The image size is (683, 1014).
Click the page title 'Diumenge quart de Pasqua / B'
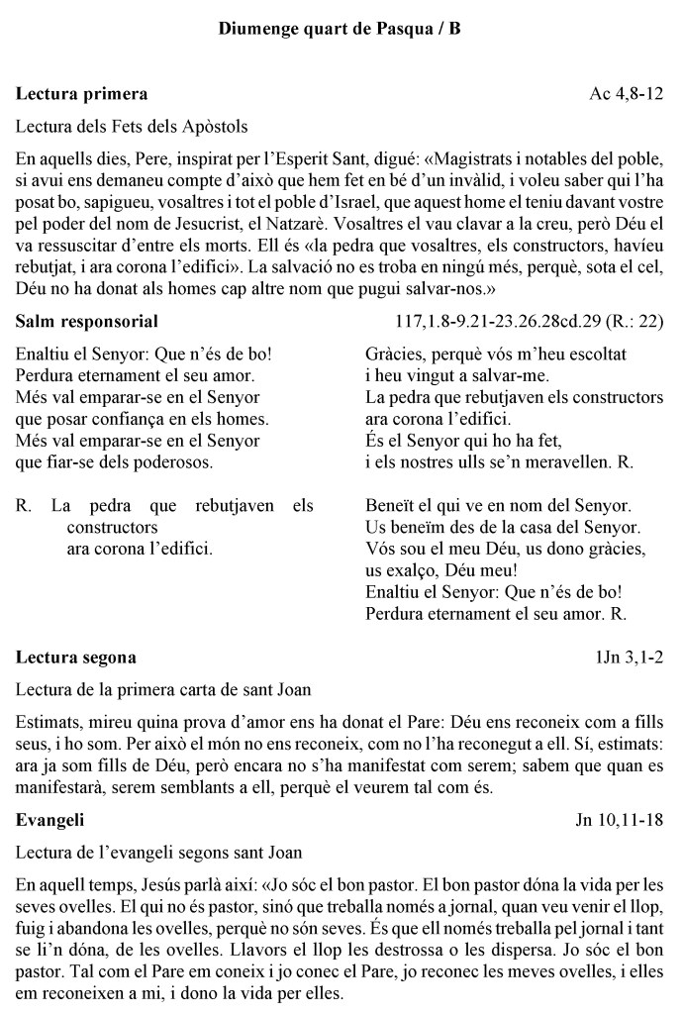pyautogui.click(x=340, y=29)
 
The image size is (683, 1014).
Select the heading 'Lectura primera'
pyautogui.click(x=82, y=94)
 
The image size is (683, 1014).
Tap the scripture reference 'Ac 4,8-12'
pyautogui.click(x=626, y=94)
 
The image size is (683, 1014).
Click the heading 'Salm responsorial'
pyautogui.click(x=88, y=321)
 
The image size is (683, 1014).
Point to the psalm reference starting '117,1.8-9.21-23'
pyautogui.click(x=529, y=321)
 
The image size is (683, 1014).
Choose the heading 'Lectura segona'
pyautogui.click(x=76, y=657)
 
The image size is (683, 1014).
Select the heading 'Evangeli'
pyautogui.click(x=50, y=820)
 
